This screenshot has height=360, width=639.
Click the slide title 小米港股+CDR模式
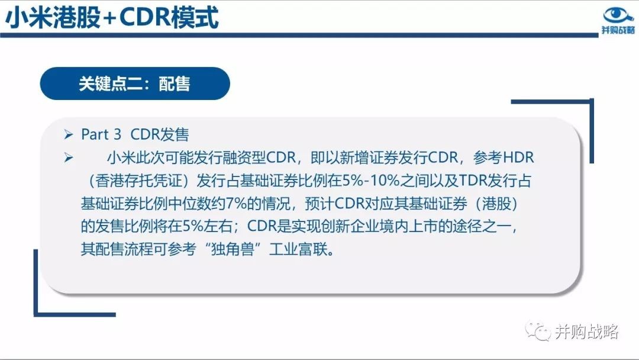pos(112,18)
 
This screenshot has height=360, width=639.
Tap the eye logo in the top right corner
pos(618,15)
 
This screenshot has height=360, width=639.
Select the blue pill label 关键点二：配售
pos(135,83)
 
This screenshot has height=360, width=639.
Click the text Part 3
pos(101,134)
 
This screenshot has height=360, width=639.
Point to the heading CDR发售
pos(159,134)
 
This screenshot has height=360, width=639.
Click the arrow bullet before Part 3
pos(69,134)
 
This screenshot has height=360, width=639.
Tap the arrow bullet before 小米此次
pos(69,157)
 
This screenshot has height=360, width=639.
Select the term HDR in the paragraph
pos(518,157)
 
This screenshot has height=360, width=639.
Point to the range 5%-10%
pos(371,180)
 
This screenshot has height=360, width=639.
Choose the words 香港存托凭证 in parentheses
pos(138,180)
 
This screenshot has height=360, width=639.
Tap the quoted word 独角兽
pos(233,249)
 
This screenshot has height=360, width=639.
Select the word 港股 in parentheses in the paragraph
pos(497,203)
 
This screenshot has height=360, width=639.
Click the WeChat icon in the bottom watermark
pos(538,330)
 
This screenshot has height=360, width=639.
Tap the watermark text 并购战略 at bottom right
pos(587,332)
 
